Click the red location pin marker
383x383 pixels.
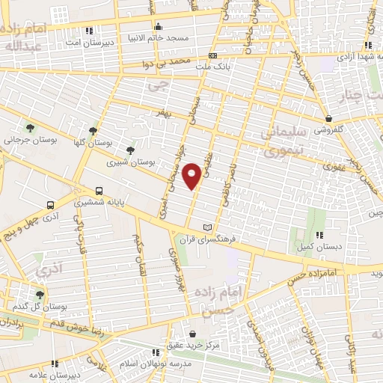click(x=194, y=175)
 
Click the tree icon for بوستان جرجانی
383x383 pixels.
click(x=30, y=128)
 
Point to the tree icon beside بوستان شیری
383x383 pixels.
click(x=131, y=150)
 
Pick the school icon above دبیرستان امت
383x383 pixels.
click(x=90, y=31)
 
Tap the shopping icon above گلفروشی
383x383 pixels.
click(x=329, y=117)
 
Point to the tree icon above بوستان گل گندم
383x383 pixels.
click(x=39, y=294)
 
